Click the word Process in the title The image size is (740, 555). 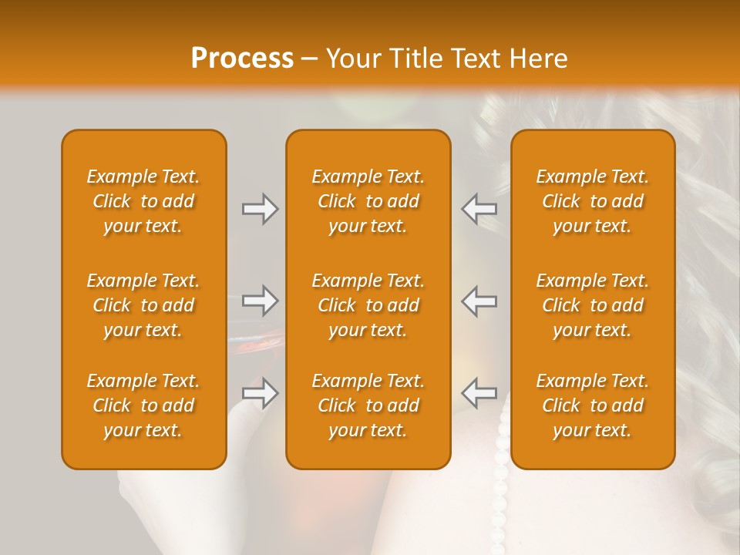click(x=242, y=59)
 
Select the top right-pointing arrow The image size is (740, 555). click(x=261, y=209)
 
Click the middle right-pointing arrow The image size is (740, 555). click(x=261, y=301)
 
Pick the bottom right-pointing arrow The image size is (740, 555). click(x=261, y=393)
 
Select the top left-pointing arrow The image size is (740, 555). click(x=479, y=209)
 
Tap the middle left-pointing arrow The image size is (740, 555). click(x=479, y=301)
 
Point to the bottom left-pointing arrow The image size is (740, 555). click(x=479, y=393)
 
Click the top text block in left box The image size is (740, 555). click(x=143, y=201)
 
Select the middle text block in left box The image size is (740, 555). click(x=143, y=305)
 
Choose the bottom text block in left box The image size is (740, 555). click(x=143, y=405)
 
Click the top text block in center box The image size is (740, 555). click(x=368, y=201)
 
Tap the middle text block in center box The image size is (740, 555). click(x=368, y=305)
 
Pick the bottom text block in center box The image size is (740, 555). click(x=368, y=405)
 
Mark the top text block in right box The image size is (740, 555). click(x=592, y=201)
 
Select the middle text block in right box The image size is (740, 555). click(x=592, y=305)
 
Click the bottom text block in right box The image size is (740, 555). click(x=592, y=405)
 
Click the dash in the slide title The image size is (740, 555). click(x=309, y=59)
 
